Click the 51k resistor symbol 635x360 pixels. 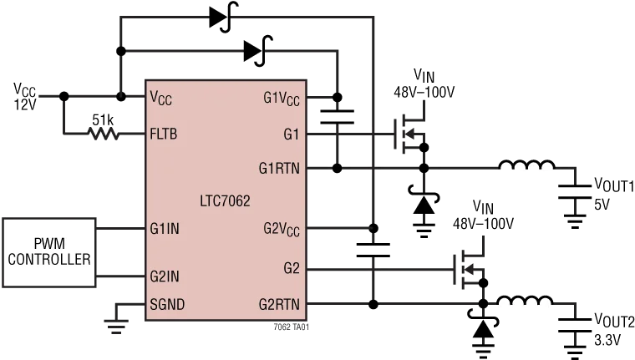(104, 134)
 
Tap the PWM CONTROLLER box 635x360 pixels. (49, 253)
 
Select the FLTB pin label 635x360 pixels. (164, 134)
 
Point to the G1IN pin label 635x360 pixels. (165, 229)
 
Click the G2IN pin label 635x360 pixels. (165, 276)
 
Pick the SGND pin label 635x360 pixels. (167, 304)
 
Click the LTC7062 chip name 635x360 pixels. (225, 200)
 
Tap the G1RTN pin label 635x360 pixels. (279, 168)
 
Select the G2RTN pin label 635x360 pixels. (279, 304)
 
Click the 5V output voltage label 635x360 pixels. (602, 205)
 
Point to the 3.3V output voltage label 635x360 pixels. (607, 340)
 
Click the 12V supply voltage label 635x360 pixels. (25, 105)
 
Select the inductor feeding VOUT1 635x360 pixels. (526, 165)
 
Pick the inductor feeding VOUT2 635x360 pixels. (525, 300)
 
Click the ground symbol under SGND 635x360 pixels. (116, 327)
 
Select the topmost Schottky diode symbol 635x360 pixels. (224, 17)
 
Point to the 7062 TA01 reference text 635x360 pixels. (291, 327)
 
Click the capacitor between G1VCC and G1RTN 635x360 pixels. (337, 117)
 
